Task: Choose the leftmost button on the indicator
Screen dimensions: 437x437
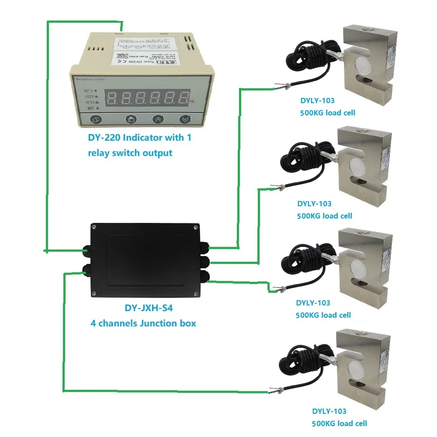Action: [96, 119]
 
